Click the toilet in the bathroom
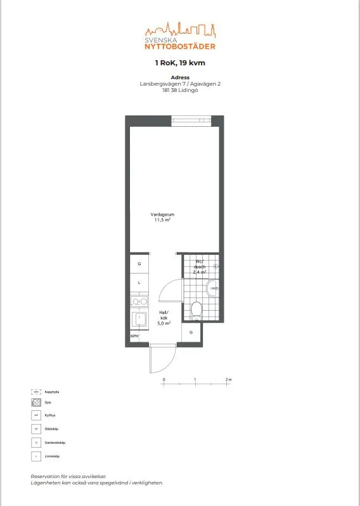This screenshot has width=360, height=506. coord(196,309)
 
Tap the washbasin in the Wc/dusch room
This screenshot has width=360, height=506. coord(215,289)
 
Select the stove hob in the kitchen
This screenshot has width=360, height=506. coord(139,301)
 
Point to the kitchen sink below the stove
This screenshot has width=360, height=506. coord(139,319)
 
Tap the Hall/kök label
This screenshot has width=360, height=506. coord(164,315)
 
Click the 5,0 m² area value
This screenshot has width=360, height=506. coord(164,323)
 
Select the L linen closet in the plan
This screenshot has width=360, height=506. coord(139,282)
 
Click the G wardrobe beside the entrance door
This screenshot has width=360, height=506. coord(191,332)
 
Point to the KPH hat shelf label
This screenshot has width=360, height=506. coord(134,336)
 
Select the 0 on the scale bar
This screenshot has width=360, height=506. coord(164,379)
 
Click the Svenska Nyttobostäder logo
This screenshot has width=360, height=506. coord(180,36)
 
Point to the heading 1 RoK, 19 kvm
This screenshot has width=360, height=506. coord(180,63)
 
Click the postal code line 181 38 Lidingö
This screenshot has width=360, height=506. coord(180,89)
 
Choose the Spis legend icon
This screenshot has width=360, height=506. coord(36,402)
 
